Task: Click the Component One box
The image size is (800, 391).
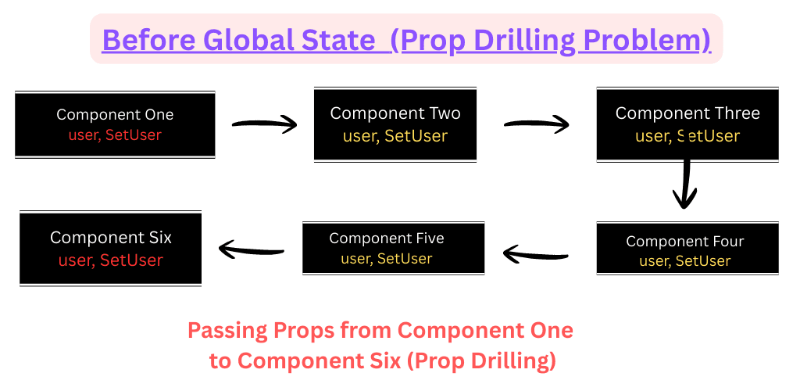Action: (115, 124)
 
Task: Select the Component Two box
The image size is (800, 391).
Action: (395, 124)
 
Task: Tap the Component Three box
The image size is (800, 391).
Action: (687, 124)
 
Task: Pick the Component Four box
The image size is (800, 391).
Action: (687, 249)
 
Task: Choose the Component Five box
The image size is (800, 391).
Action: (394, 249)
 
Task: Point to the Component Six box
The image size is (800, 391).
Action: (111, 249)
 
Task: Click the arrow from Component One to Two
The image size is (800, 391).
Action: (264, 124)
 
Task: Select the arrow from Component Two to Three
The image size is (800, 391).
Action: (536, 124)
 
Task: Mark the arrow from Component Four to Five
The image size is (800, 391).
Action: (536, 252)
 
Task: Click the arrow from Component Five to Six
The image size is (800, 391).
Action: (251, 249)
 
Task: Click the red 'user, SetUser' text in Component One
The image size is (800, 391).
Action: (115, 135)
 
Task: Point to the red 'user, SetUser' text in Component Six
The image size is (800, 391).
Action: (111, 260)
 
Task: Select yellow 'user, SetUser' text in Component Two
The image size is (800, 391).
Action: (395, 136)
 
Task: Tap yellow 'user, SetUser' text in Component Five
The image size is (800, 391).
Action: (387, 259)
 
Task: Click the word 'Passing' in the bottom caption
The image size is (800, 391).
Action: (227, 332)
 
